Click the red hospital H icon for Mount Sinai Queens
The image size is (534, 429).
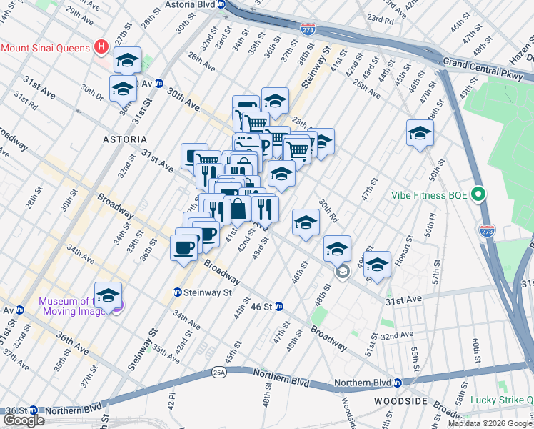(x=101, y=48)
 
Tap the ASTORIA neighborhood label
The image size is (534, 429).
(x=124, y=139)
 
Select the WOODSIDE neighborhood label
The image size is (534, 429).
(x=400, y=401)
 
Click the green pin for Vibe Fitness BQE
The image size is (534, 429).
(x=480, y=194)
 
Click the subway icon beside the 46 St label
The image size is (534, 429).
(x=279, y=307)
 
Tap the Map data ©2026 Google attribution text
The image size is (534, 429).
(x=490, y=423)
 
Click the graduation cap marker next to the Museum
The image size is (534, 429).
(x=108, y=295)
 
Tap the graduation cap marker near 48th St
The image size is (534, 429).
(x=337, y=249)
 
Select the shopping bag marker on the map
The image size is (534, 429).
(x=238, y=209)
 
